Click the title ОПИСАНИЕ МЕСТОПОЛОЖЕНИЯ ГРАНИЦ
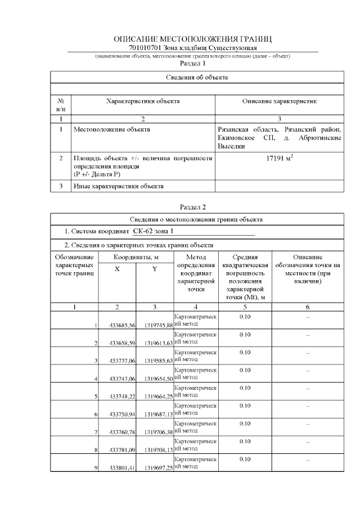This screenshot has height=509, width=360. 193,39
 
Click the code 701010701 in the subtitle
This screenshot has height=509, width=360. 144,48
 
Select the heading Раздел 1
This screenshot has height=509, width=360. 193,64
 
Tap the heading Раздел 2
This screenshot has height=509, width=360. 193,208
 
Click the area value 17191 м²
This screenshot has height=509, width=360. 280,159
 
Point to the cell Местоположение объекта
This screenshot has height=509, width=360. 112,129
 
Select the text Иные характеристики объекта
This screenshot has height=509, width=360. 118,186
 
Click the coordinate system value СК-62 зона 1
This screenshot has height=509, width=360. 154,231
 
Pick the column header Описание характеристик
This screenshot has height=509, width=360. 280,101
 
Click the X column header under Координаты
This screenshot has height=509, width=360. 117,269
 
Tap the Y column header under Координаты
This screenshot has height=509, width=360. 155,269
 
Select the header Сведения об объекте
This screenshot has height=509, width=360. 197,76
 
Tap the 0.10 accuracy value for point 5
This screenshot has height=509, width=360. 245,388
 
